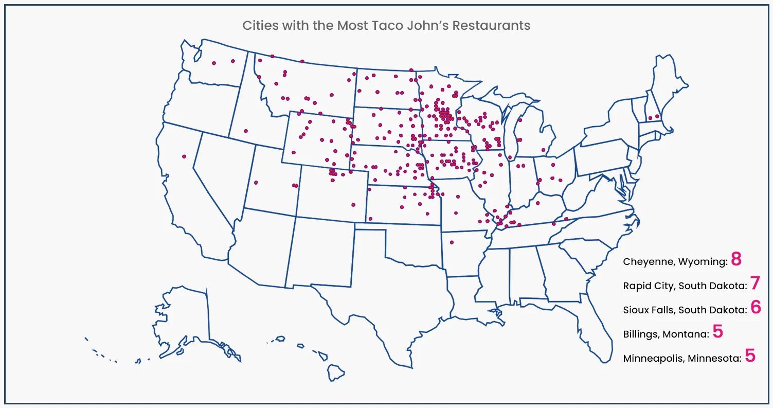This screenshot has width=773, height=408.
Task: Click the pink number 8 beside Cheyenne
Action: click(736, 259)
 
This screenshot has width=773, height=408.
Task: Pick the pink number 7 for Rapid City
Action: click(754, 283)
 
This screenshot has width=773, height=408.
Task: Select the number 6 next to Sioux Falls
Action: click(755, 307)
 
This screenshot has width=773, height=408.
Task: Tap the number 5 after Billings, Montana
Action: click(717, 332)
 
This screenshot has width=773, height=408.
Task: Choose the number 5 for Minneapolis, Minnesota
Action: click(750, 356)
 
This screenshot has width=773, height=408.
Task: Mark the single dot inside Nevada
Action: click(184, 156)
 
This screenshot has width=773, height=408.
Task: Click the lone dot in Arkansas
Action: click(452, 242)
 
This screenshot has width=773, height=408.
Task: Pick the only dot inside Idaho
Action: click(246, 131)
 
